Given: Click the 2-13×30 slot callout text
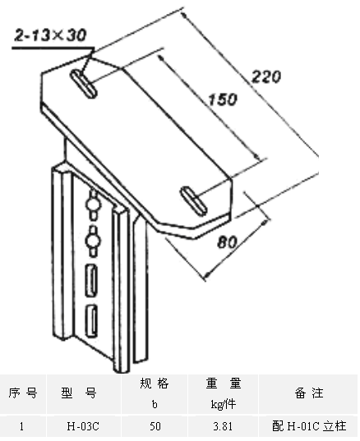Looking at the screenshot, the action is point(50,35).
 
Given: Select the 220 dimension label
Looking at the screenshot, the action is point(266,76).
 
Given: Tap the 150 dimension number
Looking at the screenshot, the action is point(223,99).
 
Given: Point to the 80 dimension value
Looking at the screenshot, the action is point(227,242).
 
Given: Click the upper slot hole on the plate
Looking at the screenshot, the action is point(83,84).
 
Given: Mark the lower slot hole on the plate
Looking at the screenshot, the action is point(194,201).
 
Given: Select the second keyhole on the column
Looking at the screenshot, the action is point(93,241).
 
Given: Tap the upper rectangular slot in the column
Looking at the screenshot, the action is point(91,280).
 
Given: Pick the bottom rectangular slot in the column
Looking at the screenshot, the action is point(92,320).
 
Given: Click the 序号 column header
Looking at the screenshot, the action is point(23,393).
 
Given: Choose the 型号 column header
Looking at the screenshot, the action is point(79,393).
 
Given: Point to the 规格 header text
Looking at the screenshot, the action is point(155,384).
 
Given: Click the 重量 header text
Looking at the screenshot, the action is point(224,384).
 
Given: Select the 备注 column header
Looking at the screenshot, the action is point(309,393).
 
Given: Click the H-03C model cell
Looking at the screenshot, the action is point(83,427).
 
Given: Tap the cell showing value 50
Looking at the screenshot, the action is point(155,427).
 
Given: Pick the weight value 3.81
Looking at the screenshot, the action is point(223,427).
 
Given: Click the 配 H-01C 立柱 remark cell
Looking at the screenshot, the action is point(309,426).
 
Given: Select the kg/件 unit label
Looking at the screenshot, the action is point(224,404).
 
